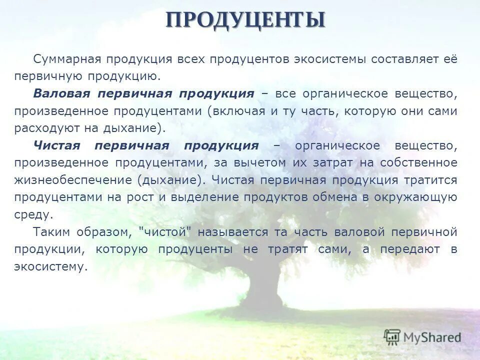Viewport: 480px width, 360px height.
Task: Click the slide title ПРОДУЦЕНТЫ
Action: tap(245, 19)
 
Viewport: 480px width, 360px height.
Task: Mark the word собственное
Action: tap(418, 163)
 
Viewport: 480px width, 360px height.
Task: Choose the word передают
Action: tap(410, 249)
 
